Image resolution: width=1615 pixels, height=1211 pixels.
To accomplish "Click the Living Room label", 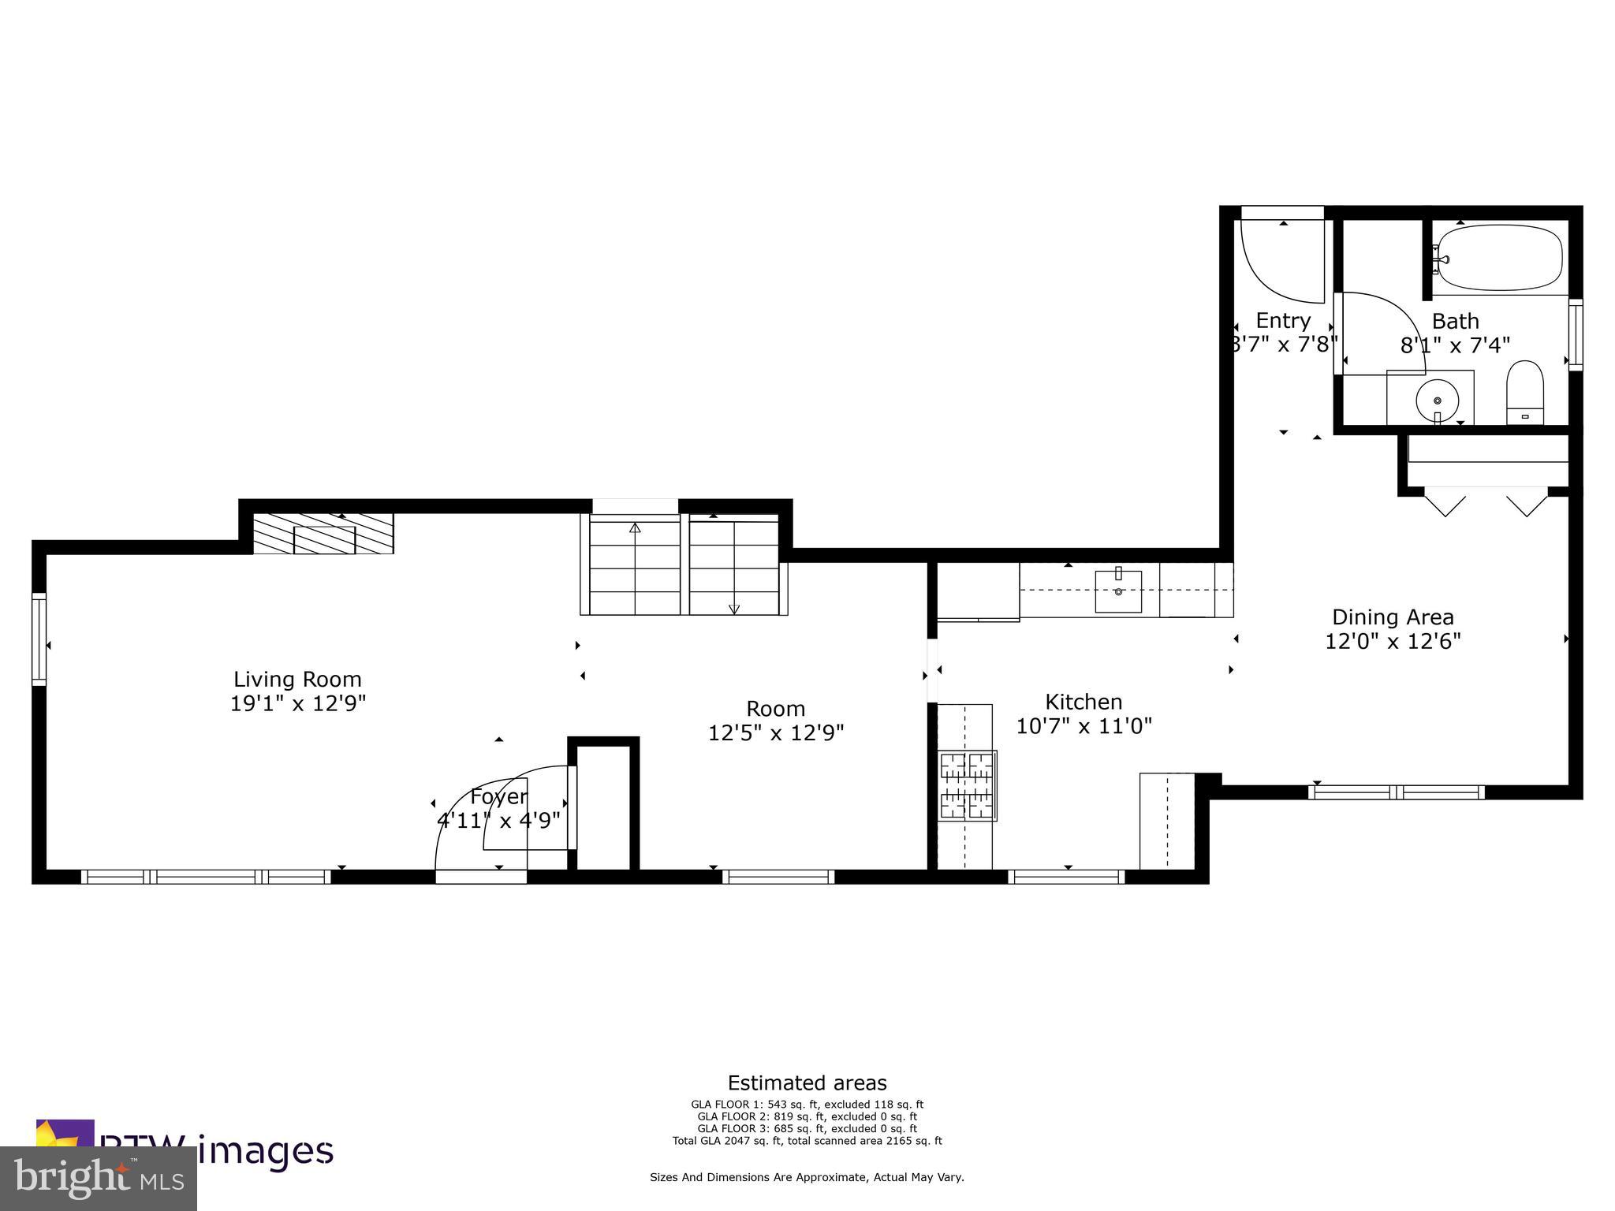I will point(297,679).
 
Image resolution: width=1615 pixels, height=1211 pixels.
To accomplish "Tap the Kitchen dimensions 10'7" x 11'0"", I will point(1084,726).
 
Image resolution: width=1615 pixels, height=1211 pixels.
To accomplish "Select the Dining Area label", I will point(1393,617).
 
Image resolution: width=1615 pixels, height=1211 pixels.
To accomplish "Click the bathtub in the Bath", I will point(1499,258).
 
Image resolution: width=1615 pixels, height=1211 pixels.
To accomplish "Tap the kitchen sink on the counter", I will point(1118,591).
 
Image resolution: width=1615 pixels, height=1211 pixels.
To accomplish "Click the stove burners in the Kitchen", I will point(967,785).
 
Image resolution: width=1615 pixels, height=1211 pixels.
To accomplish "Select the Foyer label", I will point(498,796).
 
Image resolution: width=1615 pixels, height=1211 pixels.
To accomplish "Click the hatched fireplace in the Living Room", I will point(323,534).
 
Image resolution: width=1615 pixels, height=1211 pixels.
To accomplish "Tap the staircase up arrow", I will point(635,527).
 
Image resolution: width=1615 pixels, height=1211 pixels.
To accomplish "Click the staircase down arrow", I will point(734,608).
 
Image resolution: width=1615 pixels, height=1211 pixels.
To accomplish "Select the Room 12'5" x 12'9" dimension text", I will point(776,733).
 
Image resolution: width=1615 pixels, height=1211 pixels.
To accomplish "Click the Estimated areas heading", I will point(807,1082).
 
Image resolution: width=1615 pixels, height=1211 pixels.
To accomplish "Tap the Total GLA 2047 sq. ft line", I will point(807,1140).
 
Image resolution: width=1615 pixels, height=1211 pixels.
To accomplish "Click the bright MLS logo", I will point(99,1178).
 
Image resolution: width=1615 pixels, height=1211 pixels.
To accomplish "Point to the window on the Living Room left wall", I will point(39,639).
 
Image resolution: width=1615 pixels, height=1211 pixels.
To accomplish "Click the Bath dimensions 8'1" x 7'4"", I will point(1455,345).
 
